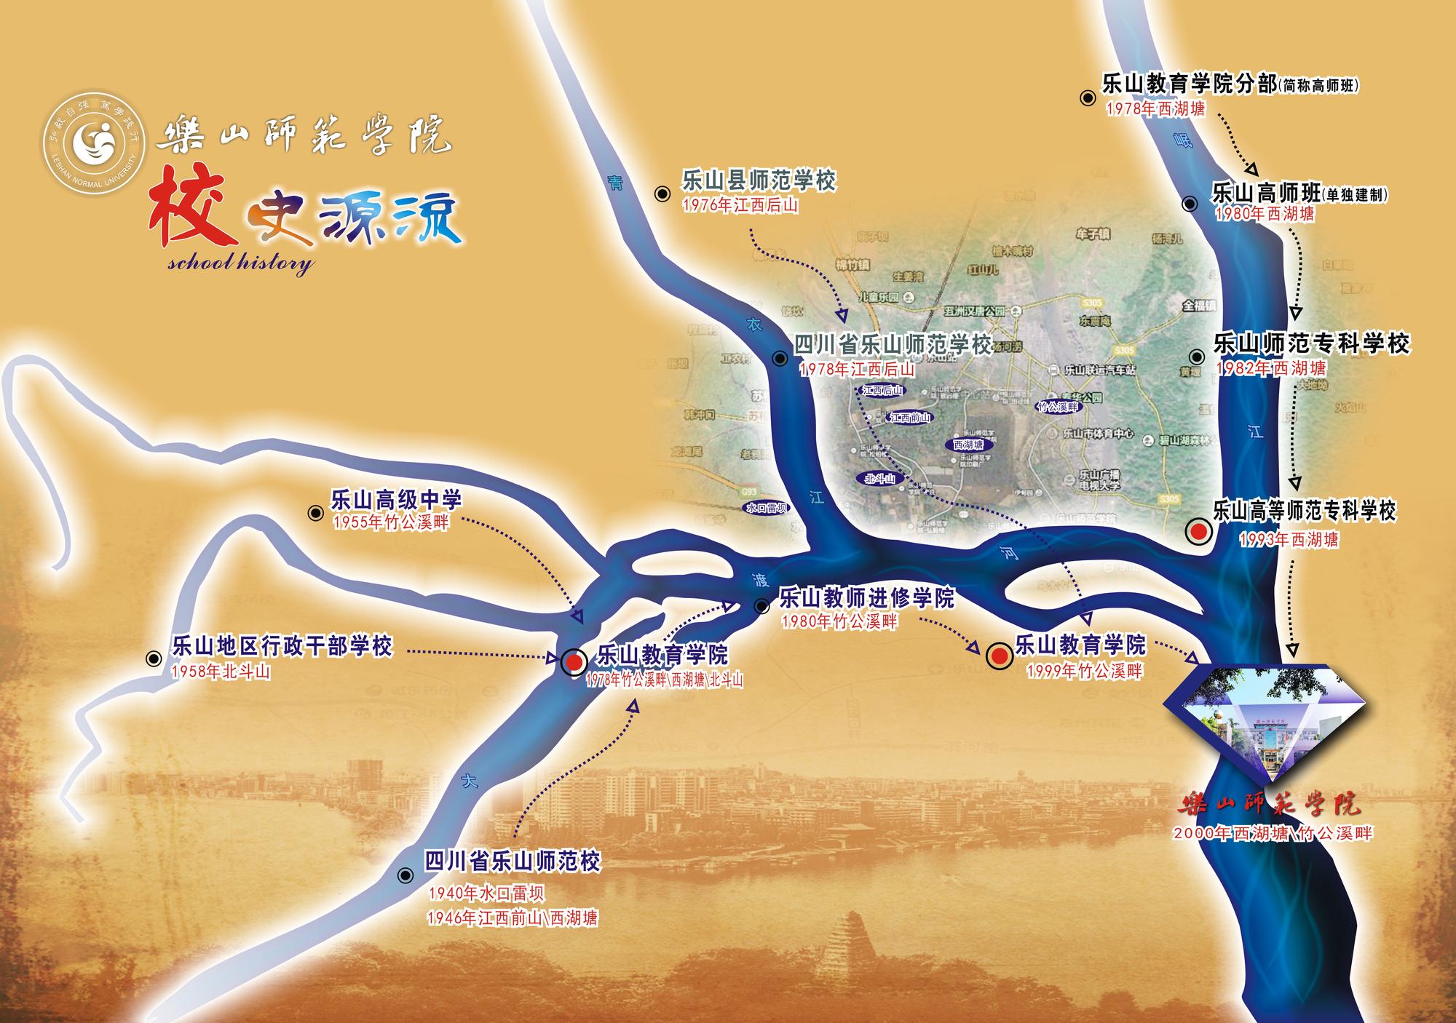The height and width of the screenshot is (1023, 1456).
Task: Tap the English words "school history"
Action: tap(240, 262)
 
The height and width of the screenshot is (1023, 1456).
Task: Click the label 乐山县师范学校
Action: tap(759, 181)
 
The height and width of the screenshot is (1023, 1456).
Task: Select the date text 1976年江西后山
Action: tap(740, 206)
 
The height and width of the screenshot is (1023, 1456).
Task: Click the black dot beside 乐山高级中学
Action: tap(316, 513)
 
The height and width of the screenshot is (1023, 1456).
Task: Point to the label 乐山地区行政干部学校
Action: tap(282, 646)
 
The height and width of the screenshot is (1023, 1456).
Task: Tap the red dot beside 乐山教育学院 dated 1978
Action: tap(574, 661)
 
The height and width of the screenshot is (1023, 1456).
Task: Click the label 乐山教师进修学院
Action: tap(866, 599)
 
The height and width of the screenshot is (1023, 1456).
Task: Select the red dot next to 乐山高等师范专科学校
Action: tap(1198, 532)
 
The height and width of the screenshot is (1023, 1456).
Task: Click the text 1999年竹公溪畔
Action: tap(1084, 671)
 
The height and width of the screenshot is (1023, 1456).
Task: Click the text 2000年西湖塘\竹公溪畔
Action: tap(1273, 832)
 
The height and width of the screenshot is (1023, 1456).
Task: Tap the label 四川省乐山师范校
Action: tap(513, 862)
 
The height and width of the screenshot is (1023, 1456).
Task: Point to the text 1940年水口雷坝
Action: tap(486, 893)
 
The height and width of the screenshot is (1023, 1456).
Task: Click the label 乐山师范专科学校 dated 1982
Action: tap(1311, 343)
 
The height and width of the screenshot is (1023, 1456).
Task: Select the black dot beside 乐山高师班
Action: tap(1190, 204)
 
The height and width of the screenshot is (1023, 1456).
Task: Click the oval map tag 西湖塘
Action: tap(968, 444)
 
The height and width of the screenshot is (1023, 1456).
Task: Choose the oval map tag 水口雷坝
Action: tap(767, 508)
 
